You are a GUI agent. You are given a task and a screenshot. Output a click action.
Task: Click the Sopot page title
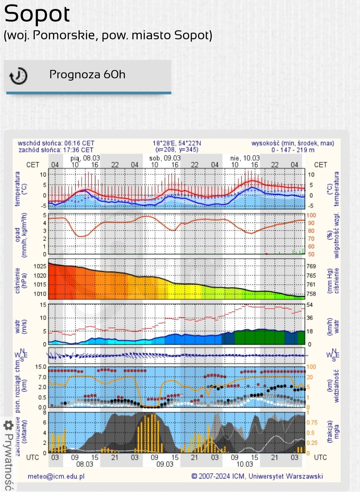[x=37, y=14]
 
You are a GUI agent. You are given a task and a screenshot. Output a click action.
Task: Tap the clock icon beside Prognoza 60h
[x=18, y=76]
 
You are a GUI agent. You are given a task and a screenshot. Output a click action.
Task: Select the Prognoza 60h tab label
[x=87, y=74]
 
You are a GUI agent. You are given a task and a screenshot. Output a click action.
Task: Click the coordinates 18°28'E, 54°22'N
[x=177, y=143]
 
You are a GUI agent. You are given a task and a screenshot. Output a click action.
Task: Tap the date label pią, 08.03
[x=85, y=158]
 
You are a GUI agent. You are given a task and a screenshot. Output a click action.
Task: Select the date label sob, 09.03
[x=165, y=158]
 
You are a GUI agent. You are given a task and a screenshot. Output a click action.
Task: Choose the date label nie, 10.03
[x=245, y=158]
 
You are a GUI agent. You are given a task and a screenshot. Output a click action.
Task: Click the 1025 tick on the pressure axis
[x=40, y=266]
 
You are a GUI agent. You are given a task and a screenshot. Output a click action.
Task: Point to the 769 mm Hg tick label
[x=311, y=266]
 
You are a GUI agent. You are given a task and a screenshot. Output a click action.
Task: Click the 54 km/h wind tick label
[x=310, y=305]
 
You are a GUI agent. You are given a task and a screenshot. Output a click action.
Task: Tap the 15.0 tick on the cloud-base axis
[x=41, y=367]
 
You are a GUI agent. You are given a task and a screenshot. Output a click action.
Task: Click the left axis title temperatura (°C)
[x=21, y=189]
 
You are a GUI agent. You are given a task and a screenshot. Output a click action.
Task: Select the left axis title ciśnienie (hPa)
[x=21, y=280]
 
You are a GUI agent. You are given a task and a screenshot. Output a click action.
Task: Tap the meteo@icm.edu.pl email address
[x=56, y=476]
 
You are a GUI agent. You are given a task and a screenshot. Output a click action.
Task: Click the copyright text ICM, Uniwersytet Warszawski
[x=257, y=476]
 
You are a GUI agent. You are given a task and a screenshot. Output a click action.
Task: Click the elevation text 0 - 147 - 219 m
[x=293, y=150]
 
